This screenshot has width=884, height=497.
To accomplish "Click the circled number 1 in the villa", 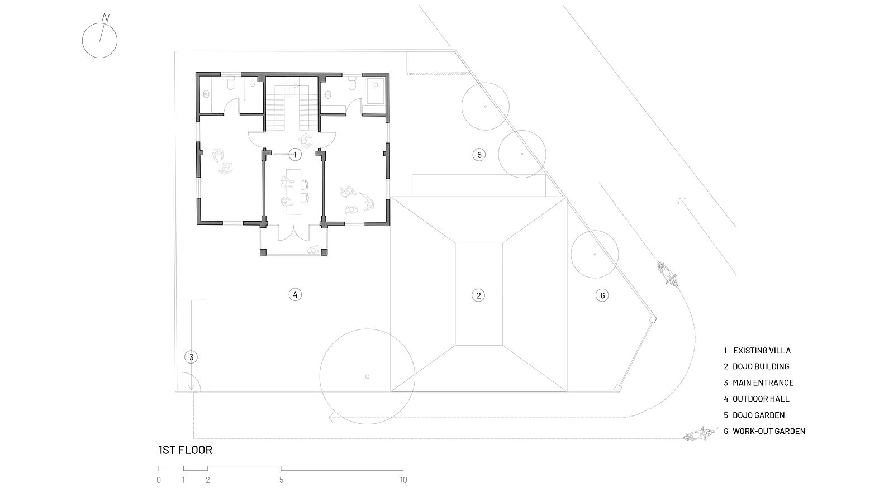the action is (x=295, y=155).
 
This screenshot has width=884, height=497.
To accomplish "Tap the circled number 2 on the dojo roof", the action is (x=478, y=295).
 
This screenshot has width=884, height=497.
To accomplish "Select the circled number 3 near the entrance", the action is (x=191, y=357).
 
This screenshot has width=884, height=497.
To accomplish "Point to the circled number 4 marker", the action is (x=295, y=294).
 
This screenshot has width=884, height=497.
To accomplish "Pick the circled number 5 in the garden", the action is (x=479, y=155).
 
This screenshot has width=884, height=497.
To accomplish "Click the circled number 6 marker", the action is (x=602, y=295).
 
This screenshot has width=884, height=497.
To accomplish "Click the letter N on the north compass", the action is (x=106, y=17).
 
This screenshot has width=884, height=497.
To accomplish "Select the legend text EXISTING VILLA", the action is (x=762, y=350).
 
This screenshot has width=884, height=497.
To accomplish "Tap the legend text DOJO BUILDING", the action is (x=761, y=366).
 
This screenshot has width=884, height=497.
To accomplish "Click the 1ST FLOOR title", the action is (x=185, y=450).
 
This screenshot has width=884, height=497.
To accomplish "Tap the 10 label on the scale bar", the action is (x=403, y=480).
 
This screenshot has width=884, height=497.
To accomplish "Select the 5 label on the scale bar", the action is (x=281, y=480).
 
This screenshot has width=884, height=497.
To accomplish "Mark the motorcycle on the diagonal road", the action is (x=668, y=274).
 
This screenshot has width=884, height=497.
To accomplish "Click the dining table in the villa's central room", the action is (x=293, y=192).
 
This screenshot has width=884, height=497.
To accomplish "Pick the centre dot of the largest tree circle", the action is (x=367, y=376).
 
